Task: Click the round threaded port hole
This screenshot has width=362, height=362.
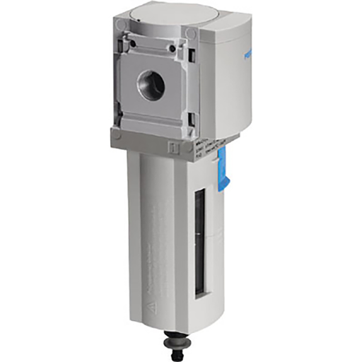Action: tap(151, 86)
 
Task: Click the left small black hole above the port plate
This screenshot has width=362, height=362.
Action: tap(132, 44)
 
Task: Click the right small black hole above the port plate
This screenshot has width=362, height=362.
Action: tap(172, 48)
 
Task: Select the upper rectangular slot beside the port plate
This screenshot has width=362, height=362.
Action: tap(191, 54)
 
